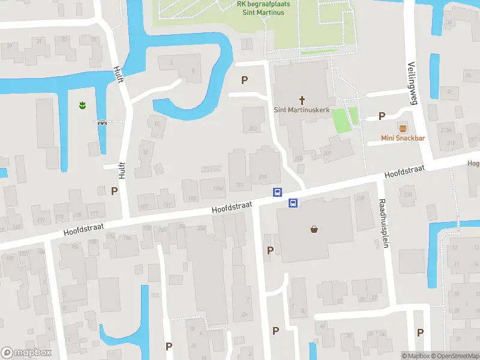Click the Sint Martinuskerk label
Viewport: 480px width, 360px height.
tap(301, 110)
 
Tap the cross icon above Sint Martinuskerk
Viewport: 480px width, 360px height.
tap(301, 100)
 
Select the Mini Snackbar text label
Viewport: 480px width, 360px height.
tap(403, 139)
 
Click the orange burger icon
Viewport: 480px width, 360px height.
tap(403, 128)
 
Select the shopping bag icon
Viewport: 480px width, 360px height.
tap(314, 229)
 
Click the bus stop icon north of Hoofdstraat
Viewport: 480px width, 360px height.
tap(277, 192)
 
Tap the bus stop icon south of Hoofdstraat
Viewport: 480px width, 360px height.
tap(293, 203)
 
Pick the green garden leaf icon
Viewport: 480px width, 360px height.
tap(82, 106)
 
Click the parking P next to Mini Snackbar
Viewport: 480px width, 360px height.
tap(382, 116)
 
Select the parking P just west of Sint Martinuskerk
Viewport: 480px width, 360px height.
tap(244, 80)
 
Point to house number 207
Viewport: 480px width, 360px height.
tap(328, 154)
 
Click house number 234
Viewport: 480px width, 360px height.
tap(409, 194)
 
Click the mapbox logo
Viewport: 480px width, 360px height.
tap(26, 353)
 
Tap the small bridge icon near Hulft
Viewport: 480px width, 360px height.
tap(103, 122)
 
